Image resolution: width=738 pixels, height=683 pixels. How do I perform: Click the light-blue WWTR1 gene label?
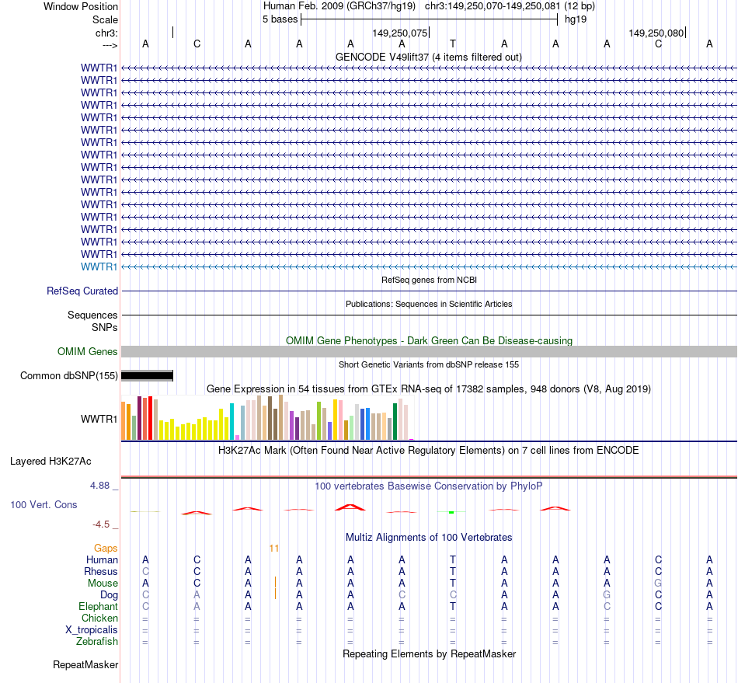pyautogui.click(x=99, y=267)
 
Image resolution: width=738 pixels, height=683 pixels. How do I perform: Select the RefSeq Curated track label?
pyautogui.click(x=82, y=291)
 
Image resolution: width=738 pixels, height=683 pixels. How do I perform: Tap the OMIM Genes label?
pyautogui.click(x=88, y=351)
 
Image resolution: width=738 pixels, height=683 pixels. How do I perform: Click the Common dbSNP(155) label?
pyautogui.click(x=69, y=376)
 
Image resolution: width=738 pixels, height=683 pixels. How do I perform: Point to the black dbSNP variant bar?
pyautogui.click(x=147, y=376)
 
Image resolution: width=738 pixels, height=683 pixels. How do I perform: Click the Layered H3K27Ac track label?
pyautogui.click(x=50, y=461)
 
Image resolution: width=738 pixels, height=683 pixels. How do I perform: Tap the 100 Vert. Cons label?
pyautogui.click(x=44, y=504)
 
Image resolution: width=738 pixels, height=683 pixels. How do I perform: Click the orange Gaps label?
pyautogui.click(x=106, y=548)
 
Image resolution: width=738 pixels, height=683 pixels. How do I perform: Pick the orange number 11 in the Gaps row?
pyautogui.click(x=273, y=548)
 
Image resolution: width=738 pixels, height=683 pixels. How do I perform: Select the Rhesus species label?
pyautogui.click(x=101, y=571)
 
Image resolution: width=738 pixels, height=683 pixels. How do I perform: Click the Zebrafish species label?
pyautogui.click(x=97, y=641)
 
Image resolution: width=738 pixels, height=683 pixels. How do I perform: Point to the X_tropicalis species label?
pyautogui.click(x=92, y=629)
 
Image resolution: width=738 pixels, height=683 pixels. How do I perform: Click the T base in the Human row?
pyautogui.click(x=453, y=559)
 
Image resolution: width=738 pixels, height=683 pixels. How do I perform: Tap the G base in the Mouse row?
pyautogui.click(x=658, y=583)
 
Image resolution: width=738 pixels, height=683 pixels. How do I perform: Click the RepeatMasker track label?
pyautogui.click(x=85, y=665)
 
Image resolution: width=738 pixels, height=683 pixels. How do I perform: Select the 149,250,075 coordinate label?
pyautogui.click(x=400, y=33)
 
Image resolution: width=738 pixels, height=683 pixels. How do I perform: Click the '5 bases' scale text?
pyautogui.click(x=280, y=19)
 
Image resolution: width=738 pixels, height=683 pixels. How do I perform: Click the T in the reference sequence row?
pyautogui.click(x=453, y=44)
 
